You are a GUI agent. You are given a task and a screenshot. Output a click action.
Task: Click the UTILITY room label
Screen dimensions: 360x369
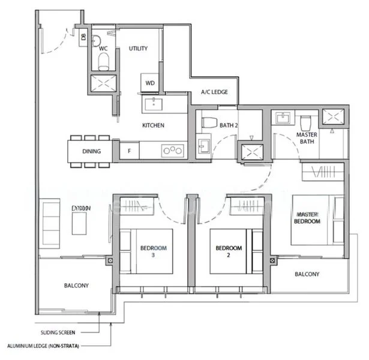point(138,48)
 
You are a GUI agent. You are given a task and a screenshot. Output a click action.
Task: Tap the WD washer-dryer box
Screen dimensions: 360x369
point(149,82)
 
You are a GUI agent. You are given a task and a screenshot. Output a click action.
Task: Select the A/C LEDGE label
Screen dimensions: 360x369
point(214,93)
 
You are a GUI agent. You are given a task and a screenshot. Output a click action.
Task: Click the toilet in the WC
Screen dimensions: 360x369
point(103,60)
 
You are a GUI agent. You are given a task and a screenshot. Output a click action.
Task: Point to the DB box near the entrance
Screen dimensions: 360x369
point(82,37)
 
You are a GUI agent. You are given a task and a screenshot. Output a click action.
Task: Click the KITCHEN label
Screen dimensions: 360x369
point(153,125)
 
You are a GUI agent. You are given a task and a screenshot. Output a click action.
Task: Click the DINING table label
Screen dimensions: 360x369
point(92,151)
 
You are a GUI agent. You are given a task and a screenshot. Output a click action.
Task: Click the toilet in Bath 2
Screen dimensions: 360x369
point(209,122)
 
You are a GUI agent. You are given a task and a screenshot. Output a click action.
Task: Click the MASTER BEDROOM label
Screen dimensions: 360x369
point(307,218)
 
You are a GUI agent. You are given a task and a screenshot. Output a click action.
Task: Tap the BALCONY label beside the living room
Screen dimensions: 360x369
point(76,286)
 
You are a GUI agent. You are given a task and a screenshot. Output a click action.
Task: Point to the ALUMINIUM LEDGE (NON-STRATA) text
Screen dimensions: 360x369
point(43,346)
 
